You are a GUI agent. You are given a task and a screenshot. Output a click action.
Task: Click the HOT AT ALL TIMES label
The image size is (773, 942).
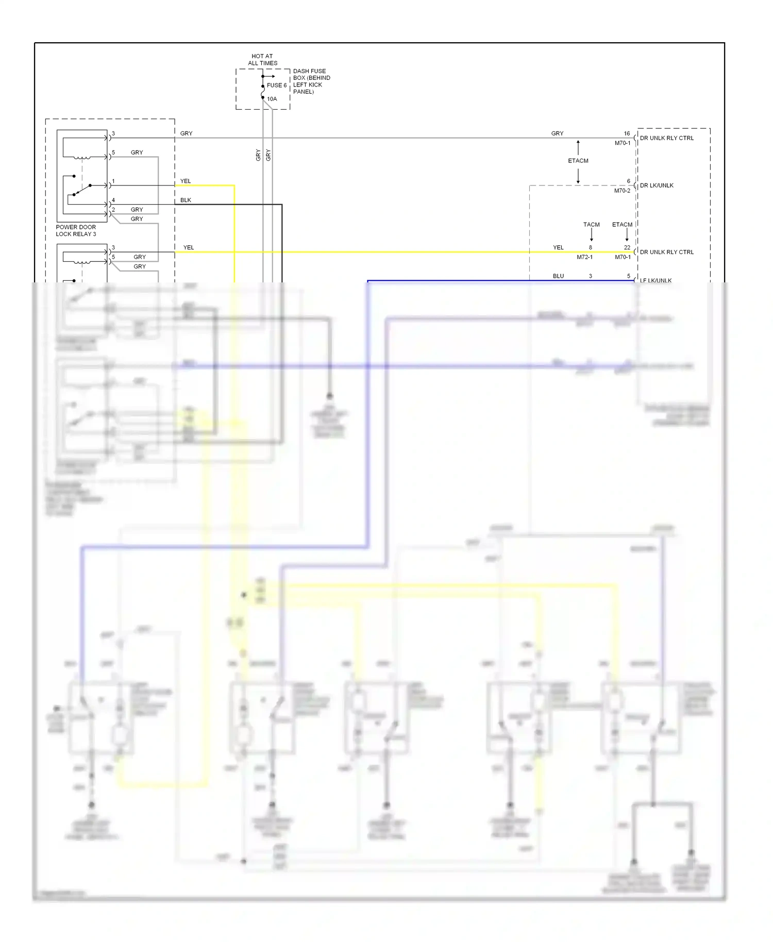click(x=262, y=60)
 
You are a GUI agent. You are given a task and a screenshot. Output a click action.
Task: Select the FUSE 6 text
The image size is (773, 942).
click(x=276, y=86)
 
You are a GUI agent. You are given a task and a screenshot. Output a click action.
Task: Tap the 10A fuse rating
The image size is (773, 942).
click(x=272, y=99)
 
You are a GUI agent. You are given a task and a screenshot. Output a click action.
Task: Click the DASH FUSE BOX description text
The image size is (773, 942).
click(x=311, y=81)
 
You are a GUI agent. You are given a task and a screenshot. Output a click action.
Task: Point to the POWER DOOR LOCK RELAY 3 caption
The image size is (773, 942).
click(x=76, y=230)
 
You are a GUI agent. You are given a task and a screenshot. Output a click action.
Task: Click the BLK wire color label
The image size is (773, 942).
click(x=186, y=200)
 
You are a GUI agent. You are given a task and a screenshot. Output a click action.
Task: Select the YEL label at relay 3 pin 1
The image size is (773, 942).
click(x=186, y=181)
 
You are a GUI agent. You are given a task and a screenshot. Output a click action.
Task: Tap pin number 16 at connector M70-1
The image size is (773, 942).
click(x=627, y=133)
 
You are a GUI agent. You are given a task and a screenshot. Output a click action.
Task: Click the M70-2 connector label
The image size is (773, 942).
click(x=622, y=191)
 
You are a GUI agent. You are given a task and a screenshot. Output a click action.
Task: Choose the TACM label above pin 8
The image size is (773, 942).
click(x=591, y=225)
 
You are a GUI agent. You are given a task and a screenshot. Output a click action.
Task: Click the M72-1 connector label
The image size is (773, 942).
click(x=584, y=257)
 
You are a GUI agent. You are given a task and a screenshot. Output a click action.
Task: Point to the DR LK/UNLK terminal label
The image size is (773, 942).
click(x=657, y=186)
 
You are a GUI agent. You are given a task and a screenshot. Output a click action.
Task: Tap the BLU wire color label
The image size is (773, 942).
click(x=558, y=276)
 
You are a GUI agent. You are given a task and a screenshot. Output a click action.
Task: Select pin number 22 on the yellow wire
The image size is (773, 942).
click(x=627, y=247)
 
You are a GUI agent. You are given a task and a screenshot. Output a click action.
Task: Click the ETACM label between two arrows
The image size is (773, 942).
click(x=578, y=161)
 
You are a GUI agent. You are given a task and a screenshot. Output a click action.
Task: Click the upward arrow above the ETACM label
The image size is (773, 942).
click(x=578, y=147)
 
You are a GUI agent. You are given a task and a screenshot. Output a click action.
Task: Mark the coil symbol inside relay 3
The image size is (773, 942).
click(x=83, y=158)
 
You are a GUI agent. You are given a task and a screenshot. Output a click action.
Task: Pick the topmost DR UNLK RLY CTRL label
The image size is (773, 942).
click(x=666, y=138)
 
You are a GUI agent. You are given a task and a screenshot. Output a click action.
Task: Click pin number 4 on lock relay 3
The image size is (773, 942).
click(x=113, y=200)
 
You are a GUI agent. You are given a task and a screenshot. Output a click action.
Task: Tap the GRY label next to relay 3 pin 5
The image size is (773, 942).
click(x=137, y=153)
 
